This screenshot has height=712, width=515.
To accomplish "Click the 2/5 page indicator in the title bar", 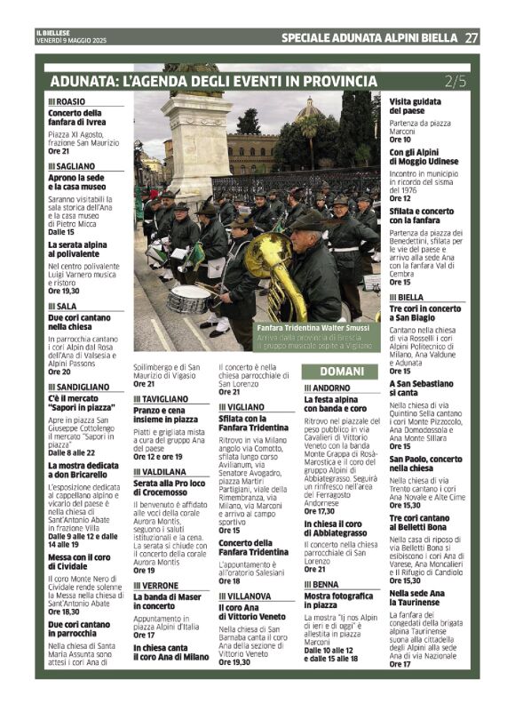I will tap(455, 81).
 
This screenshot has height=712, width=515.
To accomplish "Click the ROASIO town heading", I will tap(67, 102).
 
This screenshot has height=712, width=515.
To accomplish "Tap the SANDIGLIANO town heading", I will tap(79, 388).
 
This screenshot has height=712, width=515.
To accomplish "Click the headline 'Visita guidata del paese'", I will tap(415, 106).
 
